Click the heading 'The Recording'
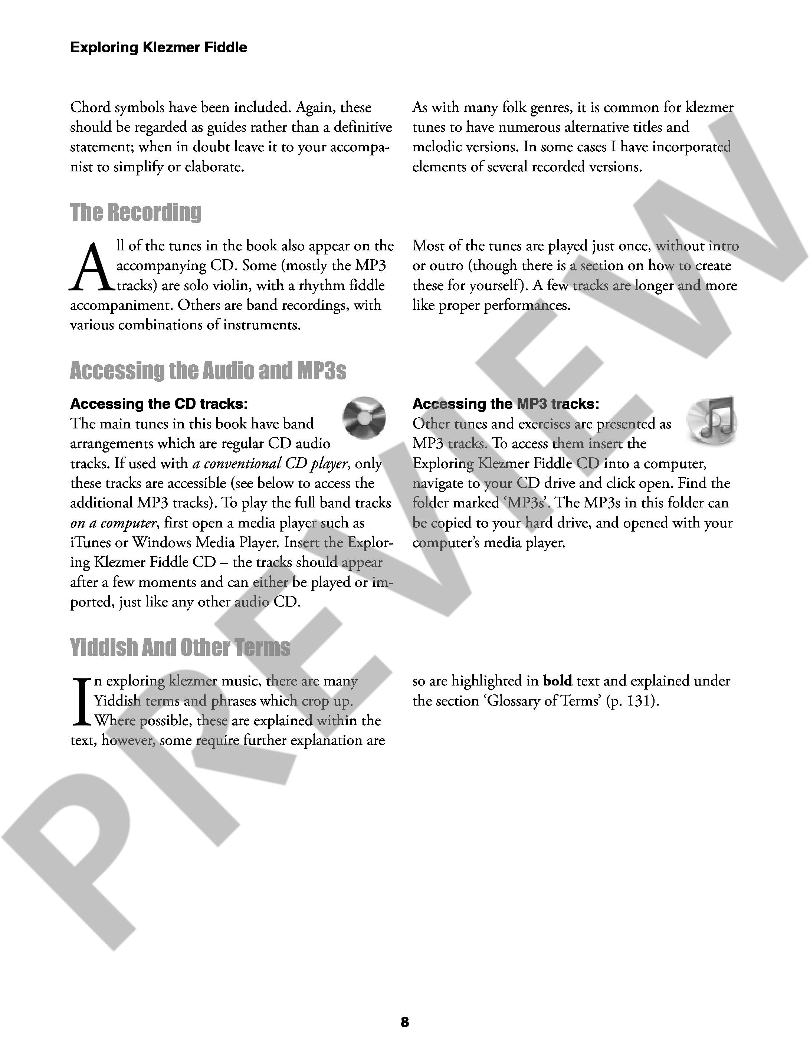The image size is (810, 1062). pyautogui.click(x=136, y=213)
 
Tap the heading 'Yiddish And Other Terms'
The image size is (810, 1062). pyautogui.click(x=180, y=647)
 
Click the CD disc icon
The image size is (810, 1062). pyautogui.click(x=364, y=417)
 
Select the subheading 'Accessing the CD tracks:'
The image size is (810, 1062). pyautogui.click(x=159, y=404)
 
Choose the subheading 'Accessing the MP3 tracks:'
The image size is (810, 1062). pyautogui.click(x=506, y=404)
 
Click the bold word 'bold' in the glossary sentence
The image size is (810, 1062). pyautogui.click(x=557, y=681)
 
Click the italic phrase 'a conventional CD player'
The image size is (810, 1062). pyautogui.click(x=270, y=463)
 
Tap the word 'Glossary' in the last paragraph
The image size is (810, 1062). pyautogui.click(x=514, y=701)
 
